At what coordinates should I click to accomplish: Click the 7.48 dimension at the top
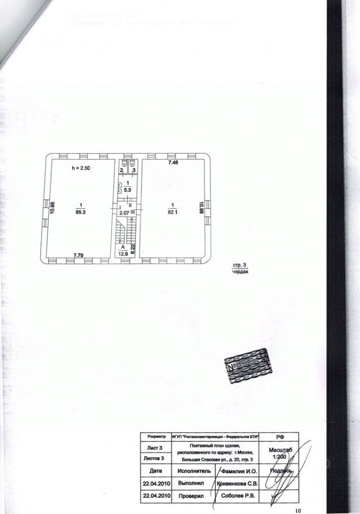[173, 162]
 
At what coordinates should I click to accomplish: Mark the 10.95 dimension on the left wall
[52, 208]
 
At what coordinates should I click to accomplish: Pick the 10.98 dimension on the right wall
[201, 207]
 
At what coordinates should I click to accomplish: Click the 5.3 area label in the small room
[127, 189]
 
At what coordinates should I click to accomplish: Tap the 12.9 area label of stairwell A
[123, 253]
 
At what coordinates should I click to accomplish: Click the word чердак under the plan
[241, 271]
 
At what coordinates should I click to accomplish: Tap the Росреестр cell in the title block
[155, 437]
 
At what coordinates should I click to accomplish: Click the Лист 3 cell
[155, 447]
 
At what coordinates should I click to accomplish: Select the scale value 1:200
[278, 457]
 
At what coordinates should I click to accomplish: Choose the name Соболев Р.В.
[239, 495]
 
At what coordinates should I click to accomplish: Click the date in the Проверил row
[156, 495]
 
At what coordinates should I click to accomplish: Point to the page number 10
[298, 510]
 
